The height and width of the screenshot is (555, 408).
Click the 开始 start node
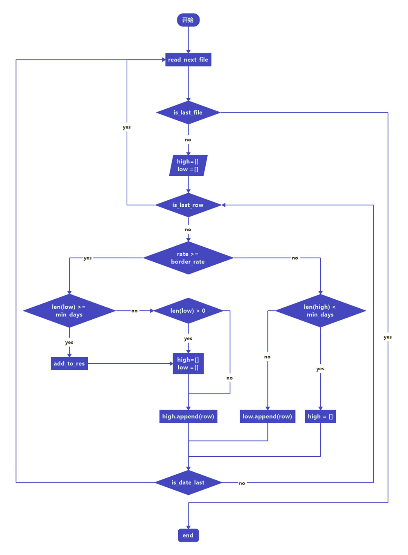click(188, 20)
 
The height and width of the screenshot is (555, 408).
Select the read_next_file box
click(188, 60)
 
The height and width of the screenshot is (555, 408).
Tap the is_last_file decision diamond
click(188, 113)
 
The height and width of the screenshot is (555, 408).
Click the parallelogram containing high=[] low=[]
click(188, 165)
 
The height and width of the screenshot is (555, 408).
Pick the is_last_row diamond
click(188, 205)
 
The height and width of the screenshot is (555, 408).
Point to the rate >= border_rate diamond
click(188, 258)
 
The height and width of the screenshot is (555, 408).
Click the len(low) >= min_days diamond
click(69, 311)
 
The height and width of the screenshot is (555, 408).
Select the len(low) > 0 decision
click(188, 311)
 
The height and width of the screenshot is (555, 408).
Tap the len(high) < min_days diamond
click(320, 311)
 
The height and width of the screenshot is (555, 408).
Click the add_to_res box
click(69, 363)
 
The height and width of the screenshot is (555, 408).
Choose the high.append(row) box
click(188, 416)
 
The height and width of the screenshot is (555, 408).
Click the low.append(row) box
click(267, 416)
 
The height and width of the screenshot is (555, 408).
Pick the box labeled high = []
click(320, 416)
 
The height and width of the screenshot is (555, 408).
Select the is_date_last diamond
click(188, 482)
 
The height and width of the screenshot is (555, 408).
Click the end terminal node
click(188, 535)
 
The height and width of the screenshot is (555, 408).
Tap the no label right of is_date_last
click(242, 483)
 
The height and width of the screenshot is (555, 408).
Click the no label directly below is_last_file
click(188, 140)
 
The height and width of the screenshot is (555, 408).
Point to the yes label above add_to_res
click(69, 343)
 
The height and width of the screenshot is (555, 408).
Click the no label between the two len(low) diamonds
click(134, 311)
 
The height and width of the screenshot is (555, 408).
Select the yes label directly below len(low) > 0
click(188, 338)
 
